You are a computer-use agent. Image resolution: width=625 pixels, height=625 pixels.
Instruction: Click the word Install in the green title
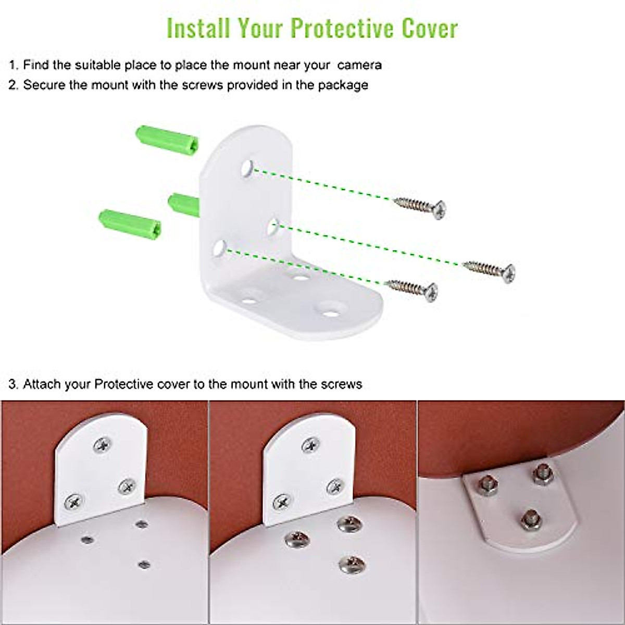(x=198, y=28)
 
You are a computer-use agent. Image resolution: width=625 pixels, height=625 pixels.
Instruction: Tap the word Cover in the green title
(x=430, y=28)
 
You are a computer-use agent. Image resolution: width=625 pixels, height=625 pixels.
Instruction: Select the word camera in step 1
(x=359, y=65)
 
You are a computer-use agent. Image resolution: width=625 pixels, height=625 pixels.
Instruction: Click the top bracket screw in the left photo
(x=102, y=445)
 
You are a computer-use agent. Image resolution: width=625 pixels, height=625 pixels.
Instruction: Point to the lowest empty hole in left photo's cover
(x=144, y=564)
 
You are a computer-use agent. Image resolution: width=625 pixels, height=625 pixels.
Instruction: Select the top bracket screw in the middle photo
(x=311, y=445)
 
